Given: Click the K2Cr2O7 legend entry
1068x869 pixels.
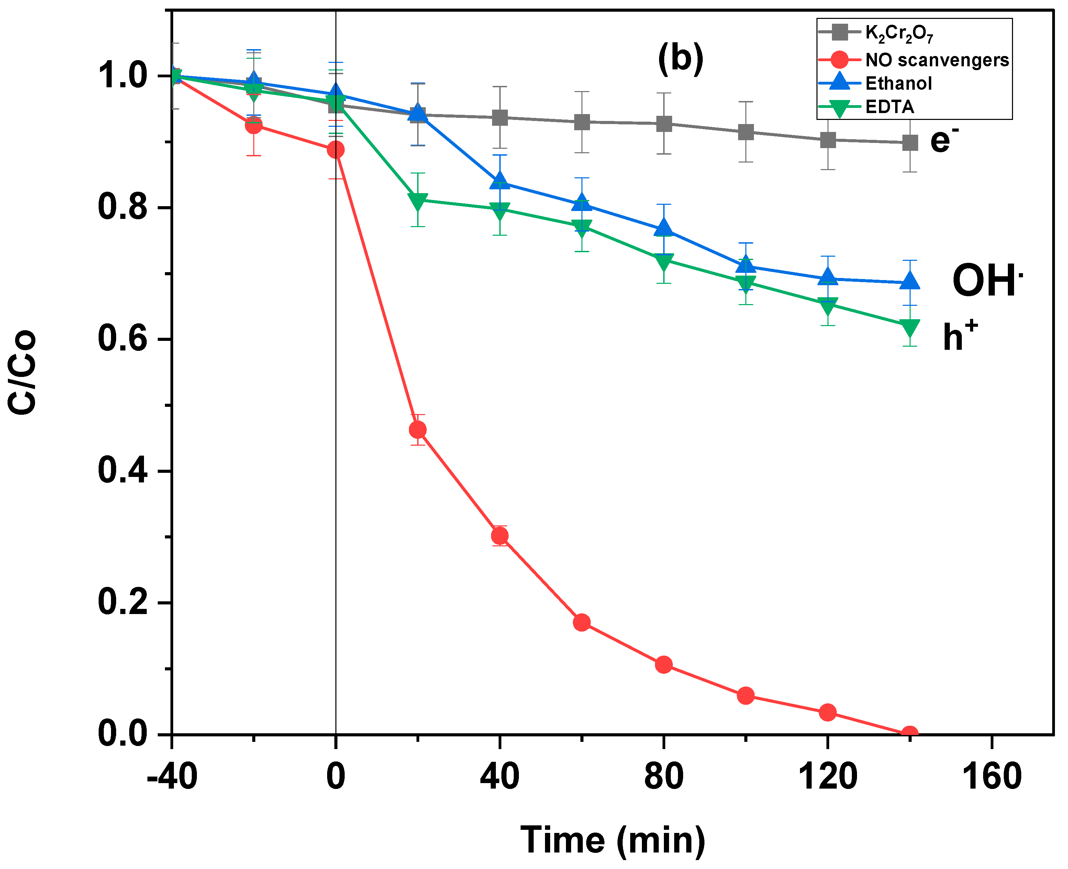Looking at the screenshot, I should click(898, 33).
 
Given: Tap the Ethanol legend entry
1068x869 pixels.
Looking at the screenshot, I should click(898, 83).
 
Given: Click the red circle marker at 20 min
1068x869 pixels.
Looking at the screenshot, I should click(418, 430).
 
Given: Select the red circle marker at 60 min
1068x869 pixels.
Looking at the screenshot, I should click(581, 622).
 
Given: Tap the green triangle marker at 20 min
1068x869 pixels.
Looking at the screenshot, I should click(418, 202).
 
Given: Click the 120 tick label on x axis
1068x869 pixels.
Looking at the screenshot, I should click(827, 776).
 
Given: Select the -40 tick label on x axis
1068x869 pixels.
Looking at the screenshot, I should click(172, 776).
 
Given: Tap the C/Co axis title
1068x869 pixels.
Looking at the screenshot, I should click(23, 371).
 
